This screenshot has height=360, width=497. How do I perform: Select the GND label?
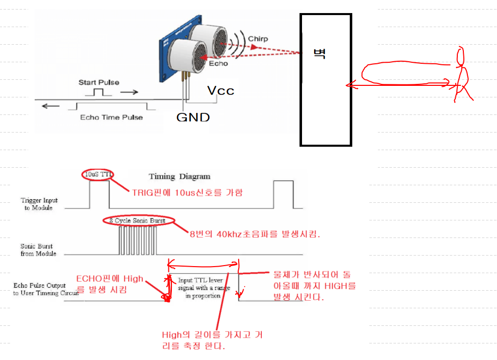point(192,117)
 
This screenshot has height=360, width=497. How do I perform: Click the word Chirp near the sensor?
point(258,39)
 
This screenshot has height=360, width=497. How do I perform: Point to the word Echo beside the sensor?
point(218,64)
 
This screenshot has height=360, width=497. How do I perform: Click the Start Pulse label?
point(98,82)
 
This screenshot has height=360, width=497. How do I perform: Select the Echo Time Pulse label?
point(112,117)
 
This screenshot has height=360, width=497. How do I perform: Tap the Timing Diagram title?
point(179,176)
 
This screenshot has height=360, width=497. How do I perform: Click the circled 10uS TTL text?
point(98,174)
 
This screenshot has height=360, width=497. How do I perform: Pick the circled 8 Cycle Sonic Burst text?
point(137,220)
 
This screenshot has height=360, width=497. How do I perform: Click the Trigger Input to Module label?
point(39,204)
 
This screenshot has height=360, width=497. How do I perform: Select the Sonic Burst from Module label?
point(37,250)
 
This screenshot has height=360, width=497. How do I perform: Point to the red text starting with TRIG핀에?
point(187,192)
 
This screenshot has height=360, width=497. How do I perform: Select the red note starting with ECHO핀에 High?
point(110,284)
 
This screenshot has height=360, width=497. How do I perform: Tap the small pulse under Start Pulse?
point(98,92)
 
